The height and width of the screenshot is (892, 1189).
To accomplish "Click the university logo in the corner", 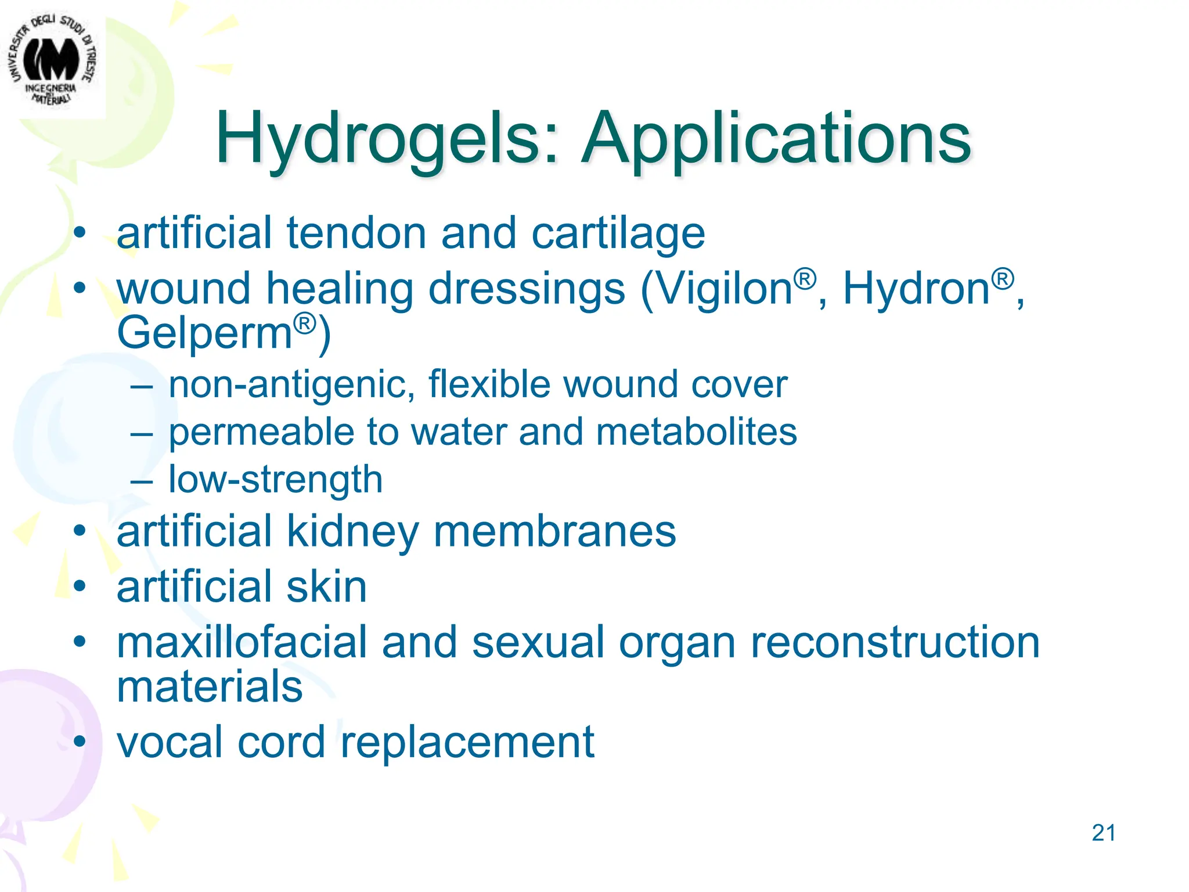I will tap(52, 61).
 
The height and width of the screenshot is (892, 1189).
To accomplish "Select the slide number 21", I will tap(1103, 833).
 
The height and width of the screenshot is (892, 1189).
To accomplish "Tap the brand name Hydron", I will tap(916, 289).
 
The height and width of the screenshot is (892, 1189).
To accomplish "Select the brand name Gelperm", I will tap(204, 333).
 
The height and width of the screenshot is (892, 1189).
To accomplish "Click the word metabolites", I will tap(696, 432).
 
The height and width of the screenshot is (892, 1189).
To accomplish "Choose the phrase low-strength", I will tap(275, 480).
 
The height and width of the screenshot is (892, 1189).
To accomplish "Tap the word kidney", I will tap(352, 532).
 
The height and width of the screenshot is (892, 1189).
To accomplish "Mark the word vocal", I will tap(170, 742).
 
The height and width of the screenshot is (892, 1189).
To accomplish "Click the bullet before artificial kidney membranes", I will tap(80, 531).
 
